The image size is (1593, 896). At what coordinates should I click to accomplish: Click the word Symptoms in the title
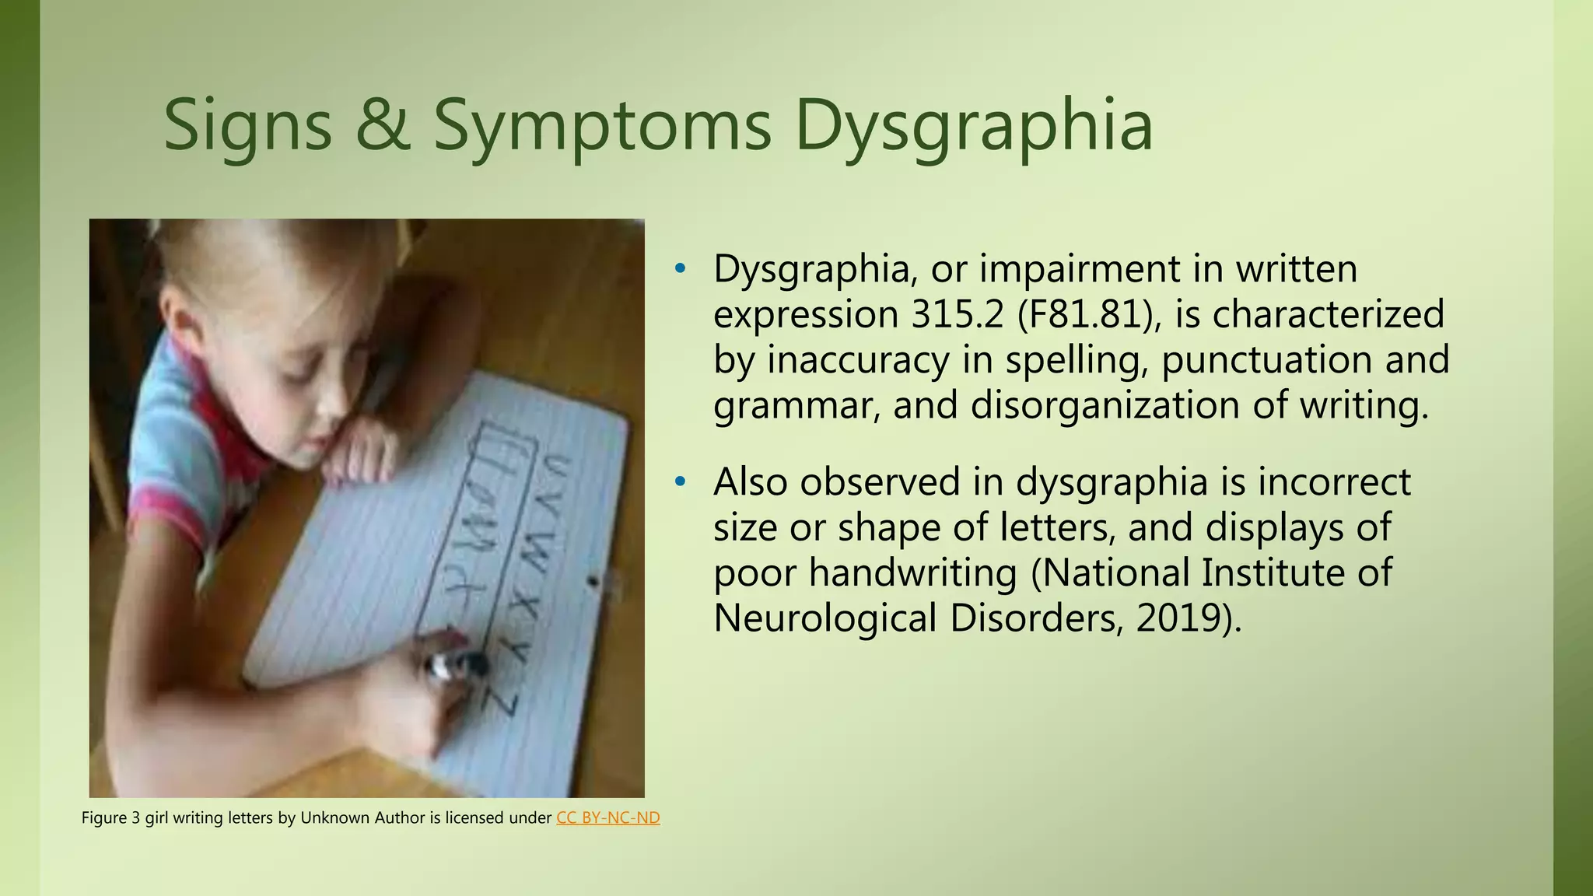pyautogui.click(x=602, y=126)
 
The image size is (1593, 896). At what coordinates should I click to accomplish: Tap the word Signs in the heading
pyautogui.click(x=247, y=126)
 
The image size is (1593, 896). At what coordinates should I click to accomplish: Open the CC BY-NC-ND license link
pyautogui.click(x=608, y=818)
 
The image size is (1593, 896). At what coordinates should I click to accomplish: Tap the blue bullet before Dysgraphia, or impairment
pyautogui.click(x=681, y=269)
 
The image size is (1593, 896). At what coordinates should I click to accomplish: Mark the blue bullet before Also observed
pyautogui.click(x=681, y=482)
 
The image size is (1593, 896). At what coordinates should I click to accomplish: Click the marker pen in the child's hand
pyautogui.click(x=455, y=664)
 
